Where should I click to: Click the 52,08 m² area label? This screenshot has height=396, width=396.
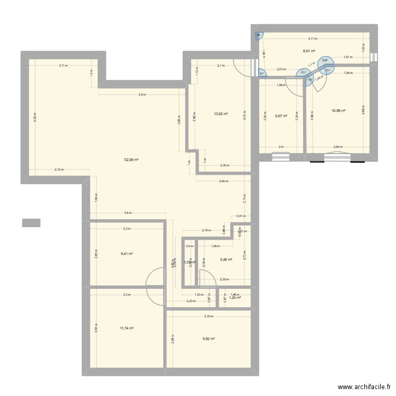(131, 159)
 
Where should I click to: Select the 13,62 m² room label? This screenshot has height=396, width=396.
(221, 114)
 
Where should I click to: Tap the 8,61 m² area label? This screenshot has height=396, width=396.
(309, 51)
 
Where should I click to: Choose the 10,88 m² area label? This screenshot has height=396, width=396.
(338, 111)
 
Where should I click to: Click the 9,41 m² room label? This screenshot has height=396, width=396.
(127, 254)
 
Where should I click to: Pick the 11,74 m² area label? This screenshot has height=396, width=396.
(127, 328)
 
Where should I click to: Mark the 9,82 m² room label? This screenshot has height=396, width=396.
(209, 339)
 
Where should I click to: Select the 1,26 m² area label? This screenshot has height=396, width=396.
(234, 298)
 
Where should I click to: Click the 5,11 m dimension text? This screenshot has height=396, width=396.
(314, 39)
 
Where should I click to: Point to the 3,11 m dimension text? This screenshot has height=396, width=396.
(63, 65)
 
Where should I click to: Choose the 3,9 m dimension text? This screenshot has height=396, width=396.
(142, 95)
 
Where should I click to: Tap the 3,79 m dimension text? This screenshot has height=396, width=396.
(209, 317)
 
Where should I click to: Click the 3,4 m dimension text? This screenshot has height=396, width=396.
(128, 213)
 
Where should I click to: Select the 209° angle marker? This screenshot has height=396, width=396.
(324, 61)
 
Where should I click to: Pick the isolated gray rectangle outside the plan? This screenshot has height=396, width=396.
(31, 223)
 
